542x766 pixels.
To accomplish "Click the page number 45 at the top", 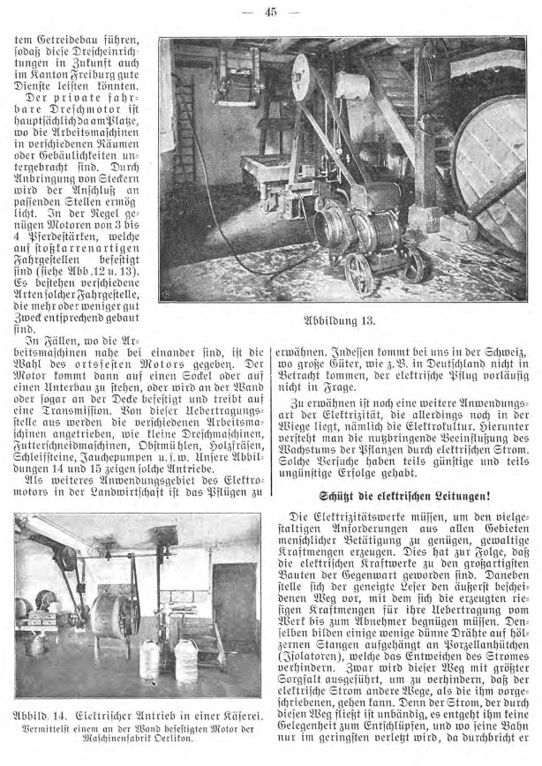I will pos(271,11).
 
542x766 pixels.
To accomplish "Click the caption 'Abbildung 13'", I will pos(341,319).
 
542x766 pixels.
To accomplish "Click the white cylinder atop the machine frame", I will pos(351,84).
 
